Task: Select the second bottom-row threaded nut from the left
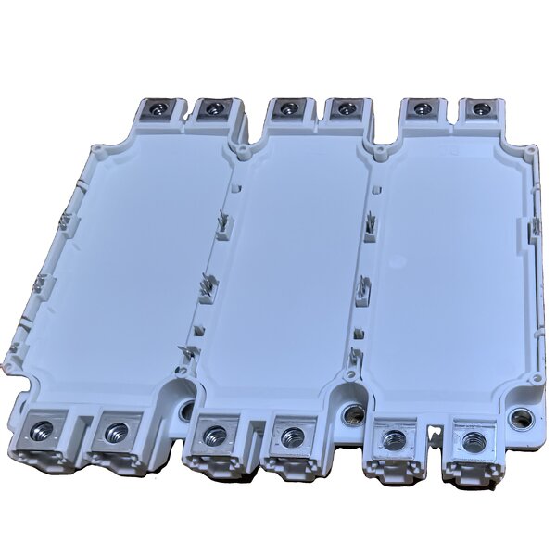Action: point(117,431)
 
